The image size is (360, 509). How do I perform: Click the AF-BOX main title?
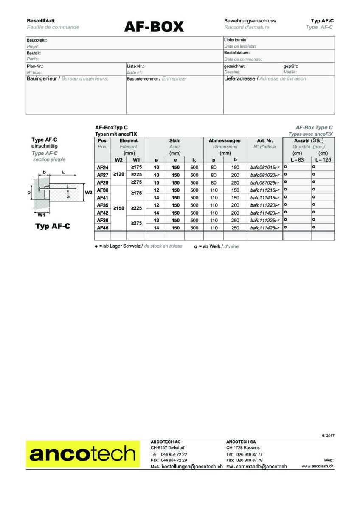[154, 27]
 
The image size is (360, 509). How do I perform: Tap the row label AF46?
[103, 228]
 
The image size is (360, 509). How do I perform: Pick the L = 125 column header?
[323, 159]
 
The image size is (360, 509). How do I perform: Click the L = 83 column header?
[297, 159]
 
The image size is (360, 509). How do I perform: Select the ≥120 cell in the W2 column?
[118, 175]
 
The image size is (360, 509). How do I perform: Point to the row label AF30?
[103, 190]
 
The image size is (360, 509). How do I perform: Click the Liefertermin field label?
[236, 40]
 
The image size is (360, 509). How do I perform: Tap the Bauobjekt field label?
[37, 40]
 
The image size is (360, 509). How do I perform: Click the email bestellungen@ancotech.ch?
[192, 466]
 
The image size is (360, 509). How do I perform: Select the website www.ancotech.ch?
[317, 466]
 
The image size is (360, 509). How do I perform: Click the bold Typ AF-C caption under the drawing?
[53, 226]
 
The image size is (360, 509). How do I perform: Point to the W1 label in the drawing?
[41, 214]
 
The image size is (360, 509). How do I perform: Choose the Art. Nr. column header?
[264, 140]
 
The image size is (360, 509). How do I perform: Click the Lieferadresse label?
[239, 78]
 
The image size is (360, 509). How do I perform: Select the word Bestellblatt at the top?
[41, 20]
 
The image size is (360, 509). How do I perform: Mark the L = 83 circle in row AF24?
[285, 167]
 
